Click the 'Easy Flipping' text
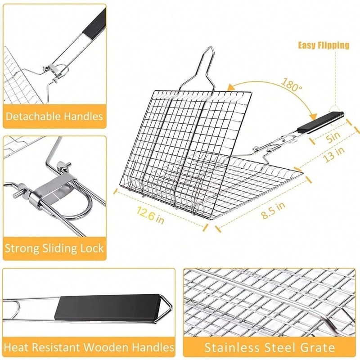(x=324, y=45)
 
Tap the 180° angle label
(x=292, y=85)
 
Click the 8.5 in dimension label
(x=274, y=210)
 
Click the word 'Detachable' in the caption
(x=34, y=117)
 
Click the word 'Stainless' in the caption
(x=231, y=347)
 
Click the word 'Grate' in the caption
(x=318, y=347)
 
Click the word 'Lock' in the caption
(x=91, y=248)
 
